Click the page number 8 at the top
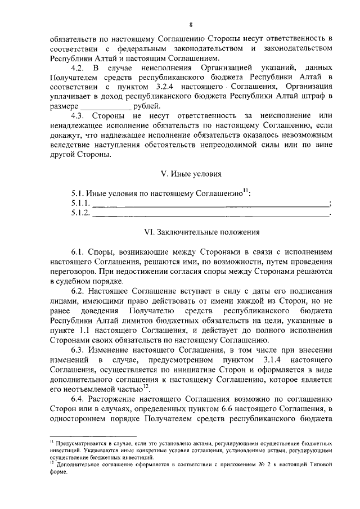[191, 25]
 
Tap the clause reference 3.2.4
[165, 87]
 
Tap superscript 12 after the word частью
[145, 386]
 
